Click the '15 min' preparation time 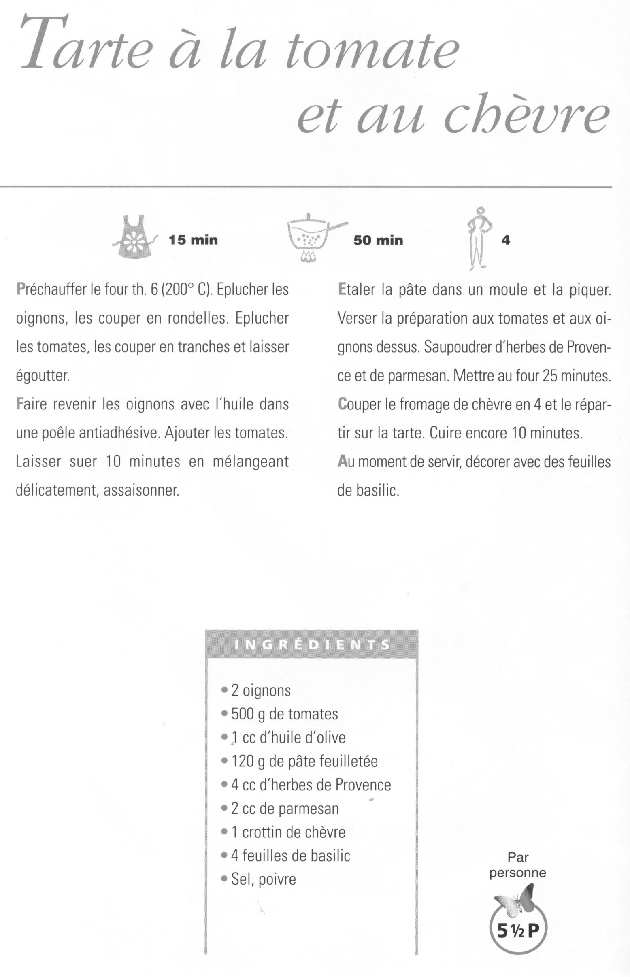coord(193,240)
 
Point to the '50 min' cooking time coord(378,240)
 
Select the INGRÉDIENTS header coord(312,645)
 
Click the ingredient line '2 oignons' coord(261,691)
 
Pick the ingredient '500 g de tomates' coord(284,714)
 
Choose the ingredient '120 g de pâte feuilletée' coord(304,761)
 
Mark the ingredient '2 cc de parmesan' coord(285,809)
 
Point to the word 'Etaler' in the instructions coord(356,290)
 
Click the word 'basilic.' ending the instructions coord(377,491)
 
